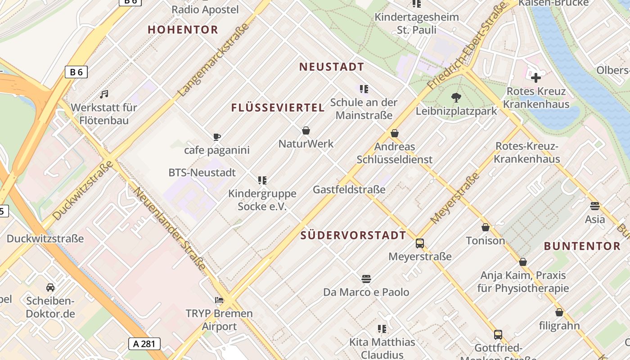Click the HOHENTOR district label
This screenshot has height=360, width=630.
click(183, 30)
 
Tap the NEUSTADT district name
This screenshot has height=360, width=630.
click(332, 67)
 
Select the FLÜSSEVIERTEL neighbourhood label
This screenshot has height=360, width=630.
click(278, 108)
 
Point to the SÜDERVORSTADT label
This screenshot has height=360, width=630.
click(353, 235)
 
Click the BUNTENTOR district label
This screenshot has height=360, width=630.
click(582, 246)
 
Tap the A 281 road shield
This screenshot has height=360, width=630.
click(144, 344)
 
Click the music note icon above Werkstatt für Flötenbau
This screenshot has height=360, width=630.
click(104, 94)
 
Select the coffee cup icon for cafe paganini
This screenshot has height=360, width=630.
click(217, 137)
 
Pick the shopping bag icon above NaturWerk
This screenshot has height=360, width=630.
click(306, 131)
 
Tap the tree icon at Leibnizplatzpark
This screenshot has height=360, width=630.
click(456, 98)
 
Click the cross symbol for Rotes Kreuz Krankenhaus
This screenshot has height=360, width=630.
click(535, 78)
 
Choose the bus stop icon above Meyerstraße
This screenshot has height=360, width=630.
click(420, 243)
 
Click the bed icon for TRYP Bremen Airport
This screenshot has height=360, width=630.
click(219, 300)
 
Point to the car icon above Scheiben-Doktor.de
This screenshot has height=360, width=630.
click(50, 287)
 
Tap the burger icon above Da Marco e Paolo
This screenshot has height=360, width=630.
click(366, 279)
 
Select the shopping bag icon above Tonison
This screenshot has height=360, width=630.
click(486, 227)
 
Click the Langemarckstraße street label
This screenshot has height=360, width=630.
click(214, 59)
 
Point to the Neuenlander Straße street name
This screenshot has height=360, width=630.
click(170, 229)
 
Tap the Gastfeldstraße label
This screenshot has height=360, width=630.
click(349, 189)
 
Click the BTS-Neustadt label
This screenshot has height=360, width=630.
click(202, 172)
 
